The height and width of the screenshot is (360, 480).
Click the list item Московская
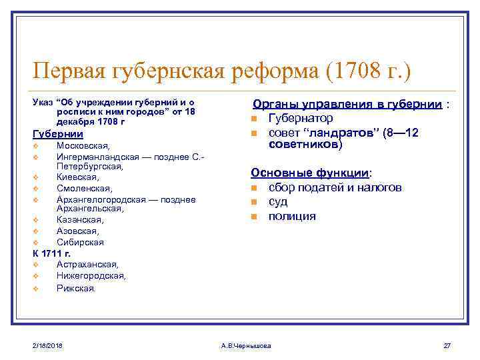(83, 145)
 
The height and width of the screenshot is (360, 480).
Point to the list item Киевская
(78, 177)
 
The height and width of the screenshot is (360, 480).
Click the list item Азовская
(78, 231)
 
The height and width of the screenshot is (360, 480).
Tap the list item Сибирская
(80, 242)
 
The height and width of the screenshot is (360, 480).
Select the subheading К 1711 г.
(51, 253)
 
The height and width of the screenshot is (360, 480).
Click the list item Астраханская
(87, 265)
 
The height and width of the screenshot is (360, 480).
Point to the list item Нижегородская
(91, 276)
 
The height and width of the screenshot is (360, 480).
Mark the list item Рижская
(76, 288)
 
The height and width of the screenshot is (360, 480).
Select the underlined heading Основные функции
(310, 173)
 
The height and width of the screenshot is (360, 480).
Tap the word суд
(278, 202)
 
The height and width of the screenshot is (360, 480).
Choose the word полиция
(292, 217)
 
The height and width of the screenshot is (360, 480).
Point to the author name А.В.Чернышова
(245, 345)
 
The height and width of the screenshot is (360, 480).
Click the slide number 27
(447, 345)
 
